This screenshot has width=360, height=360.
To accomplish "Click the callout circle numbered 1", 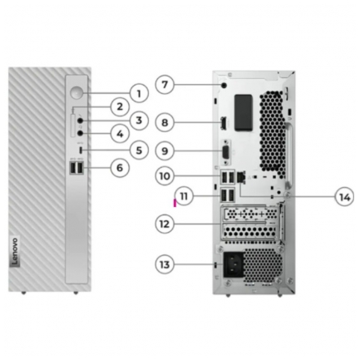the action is tap(139, 94).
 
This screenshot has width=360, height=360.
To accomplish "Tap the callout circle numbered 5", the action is tap(139, 150).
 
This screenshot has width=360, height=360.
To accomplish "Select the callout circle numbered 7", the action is tap(165, 84).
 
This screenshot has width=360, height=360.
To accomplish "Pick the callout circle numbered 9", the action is tap(165, 150).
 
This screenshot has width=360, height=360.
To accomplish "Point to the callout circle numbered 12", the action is tap(165, 224).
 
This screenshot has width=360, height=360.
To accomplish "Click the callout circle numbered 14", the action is tap(344, 197).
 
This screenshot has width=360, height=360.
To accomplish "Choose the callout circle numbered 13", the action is tap(165, 264).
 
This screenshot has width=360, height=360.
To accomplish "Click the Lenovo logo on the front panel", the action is tap(15, 252).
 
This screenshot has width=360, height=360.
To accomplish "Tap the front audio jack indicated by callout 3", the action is tap(81, 121).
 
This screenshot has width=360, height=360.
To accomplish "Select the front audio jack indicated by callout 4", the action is tap(81, 133).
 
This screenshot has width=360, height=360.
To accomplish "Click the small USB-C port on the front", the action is tap(81, 150).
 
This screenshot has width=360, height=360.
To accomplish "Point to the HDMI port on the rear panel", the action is tap(224, 124).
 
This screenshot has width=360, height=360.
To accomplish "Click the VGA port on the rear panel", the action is tap(226, 152).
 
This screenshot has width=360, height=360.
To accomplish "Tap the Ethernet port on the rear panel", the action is tap(241, 176).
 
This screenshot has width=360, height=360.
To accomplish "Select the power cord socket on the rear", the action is tap(233, 264).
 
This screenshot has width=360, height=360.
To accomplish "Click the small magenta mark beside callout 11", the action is tap(175, 203).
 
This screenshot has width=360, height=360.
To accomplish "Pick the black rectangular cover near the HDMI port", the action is tap(244, 113).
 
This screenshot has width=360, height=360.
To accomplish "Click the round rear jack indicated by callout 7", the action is tap(224, 86).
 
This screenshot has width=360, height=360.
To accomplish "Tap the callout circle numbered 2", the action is tap(120, 106).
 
